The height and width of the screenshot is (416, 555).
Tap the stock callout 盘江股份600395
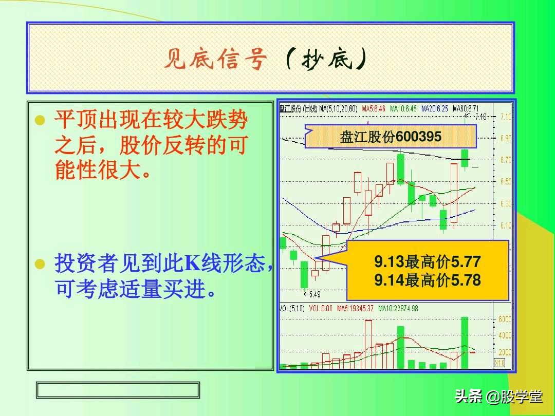(x=391, y=137)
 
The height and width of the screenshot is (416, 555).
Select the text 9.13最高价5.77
(x=427, y=262)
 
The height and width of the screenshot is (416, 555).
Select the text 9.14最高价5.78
(x=427, y=280)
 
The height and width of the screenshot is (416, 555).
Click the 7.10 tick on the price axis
(x=505, y=117)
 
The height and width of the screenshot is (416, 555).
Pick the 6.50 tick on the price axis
(x=505, y=181)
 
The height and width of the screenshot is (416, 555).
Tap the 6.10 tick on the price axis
(x=505, y=225)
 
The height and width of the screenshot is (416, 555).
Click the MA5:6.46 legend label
(x=373, y=109)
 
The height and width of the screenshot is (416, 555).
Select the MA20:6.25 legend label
(x=434, y=109)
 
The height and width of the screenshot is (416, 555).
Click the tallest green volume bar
(x=465, y=342)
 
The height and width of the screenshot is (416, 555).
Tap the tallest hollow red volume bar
(x=368, y=344)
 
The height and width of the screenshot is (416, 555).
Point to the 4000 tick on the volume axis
(x=505, y=336)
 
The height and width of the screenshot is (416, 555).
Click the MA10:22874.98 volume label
(x=398, y=308)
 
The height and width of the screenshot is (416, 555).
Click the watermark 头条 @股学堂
(x=498, y=396)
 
